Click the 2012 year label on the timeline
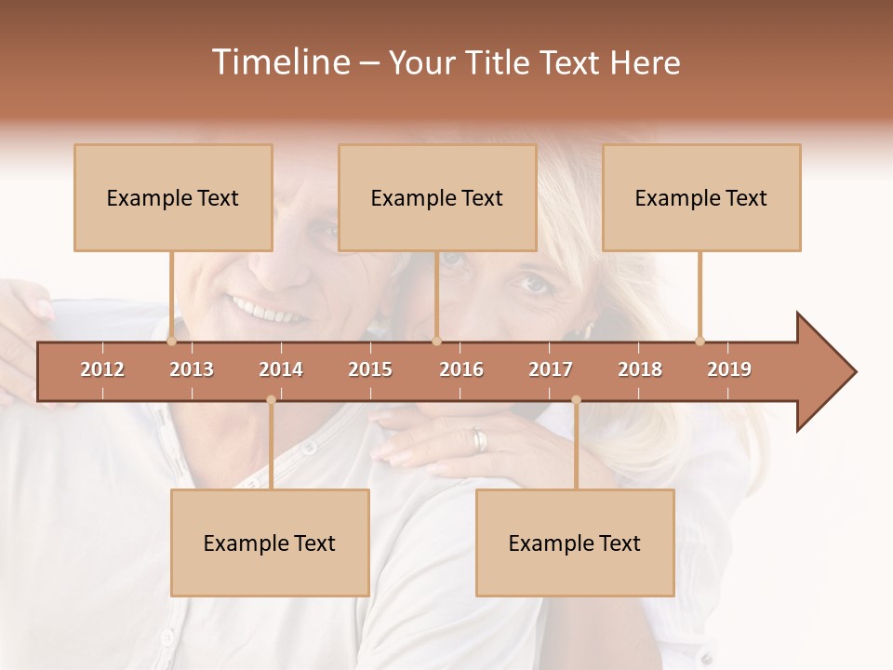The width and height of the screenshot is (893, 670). click(x=102, y=369)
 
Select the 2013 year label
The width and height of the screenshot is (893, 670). click(x=192, y=369)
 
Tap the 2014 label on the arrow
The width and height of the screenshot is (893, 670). click(x=281, y=369)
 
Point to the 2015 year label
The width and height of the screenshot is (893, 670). click(x=370, y=369)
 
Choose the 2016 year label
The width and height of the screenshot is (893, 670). click(x=461, y=369)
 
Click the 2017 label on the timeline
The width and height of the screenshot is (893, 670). click(x=551, y=369)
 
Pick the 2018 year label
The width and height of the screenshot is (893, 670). click(x=640, y=369)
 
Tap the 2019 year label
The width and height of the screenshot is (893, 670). click(x=729, y=369)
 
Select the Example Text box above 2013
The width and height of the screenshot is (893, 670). click(x=173, y=198)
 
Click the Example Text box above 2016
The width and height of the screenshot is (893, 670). click(x=437, y=198)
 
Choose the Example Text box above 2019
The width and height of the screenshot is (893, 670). click(x=701, y=198)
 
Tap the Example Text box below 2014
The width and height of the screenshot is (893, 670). click(x=270, y=543)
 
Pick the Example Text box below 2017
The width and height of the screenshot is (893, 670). click(x=575, y=543)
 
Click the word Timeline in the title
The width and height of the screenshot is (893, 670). click(x=279, y=62)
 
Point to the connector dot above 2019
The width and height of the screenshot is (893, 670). click(x=700, y=341)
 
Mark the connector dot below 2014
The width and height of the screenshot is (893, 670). click(x=271, y=400)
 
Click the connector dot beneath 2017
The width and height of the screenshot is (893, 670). click(x=576, y=400)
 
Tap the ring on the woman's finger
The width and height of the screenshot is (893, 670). click(x=478, y=441)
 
